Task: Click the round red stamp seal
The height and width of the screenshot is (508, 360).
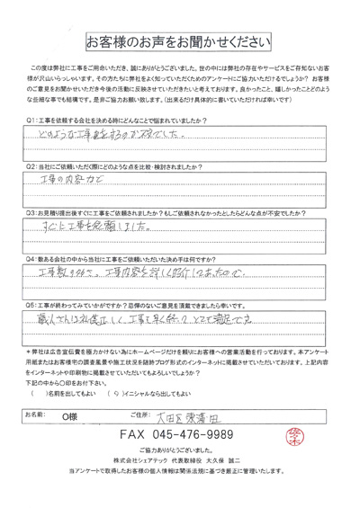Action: pos(317,461)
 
